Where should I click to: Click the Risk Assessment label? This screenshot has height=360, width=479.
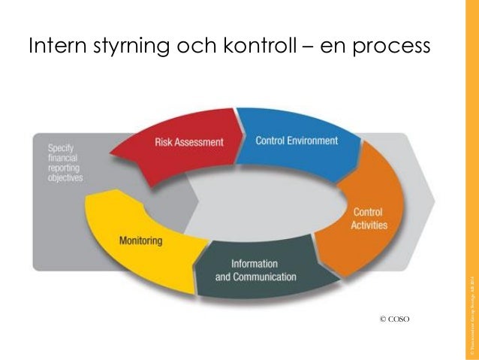tap(189, 141)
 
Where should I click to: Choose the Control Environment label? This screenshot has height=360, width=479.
tap(297, 141)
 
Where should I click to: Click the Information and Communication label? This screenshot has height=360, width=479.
tap(255, 271)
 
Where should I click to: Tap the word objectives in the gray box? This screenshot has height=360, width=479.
tap(65, 179)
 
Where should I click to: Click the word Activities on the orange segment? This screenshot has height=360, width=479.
tap(369, 225)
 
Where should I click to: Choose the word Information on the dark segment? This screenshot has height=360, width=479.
tap(255, 264)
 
